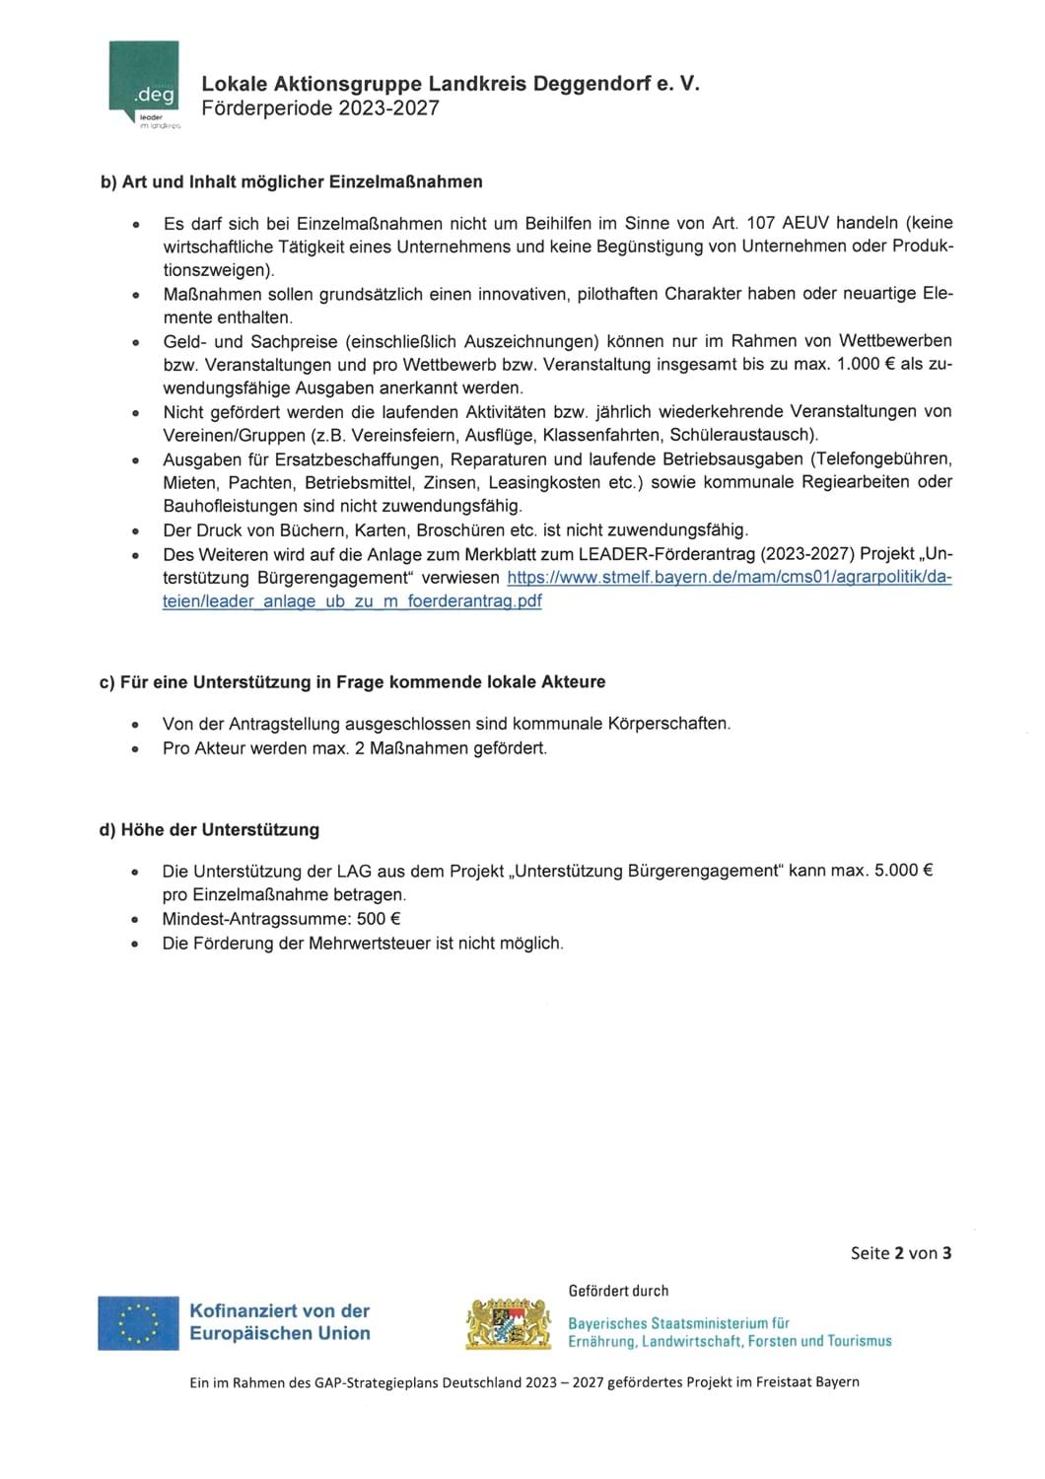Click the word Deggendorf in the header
[x=590, y=85]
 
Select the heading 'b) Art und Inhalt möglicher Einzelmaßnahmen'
[x=291, y=181]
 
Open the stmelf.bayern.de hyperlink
[x=729, y=578]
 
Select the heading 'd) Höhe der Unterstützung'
[x=209, y=829]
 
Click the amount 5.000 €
[x=904, y=871]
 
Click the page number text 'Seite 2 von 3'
[x=901, y=1253]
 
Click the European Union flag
[x=138, y=1322]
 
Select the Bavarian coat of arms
[x=508, y=1323]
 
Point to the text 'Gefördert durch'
[x=618, y=1291]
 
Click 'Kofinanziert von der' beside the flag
[x=279, y=1310]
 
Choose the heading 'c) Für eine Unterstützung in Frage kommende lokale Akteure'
[x=352, y=681]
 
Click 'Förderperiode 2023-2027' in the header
[x=320, y=108]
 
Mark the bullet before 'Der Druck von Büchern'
[x=136, y=531]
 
